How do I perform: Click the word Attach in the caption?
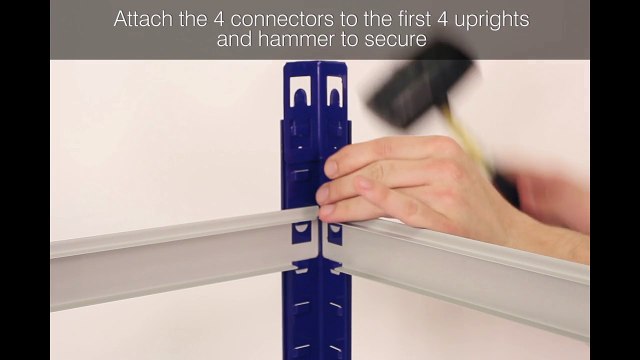(x=143, y=19)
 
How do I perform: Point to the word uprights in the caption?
(x=487, y=19)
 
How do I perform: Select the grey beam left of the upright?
(x=170, y=255)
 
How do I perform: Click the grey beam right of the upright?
(x=470, y=265)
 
